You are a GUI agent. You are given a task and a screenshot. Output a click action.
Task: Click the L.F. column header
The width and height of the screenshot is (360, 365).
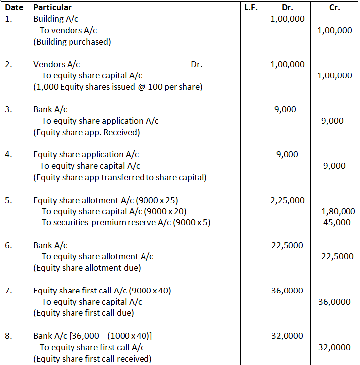click(x=251, y=7)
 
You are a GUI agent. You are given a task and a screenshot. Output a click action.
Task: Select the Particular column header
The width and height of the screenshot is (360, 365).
click(x=52, y=7)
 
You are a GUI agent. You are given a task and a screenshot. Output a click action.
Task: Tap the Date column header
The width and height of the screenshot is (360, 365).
click(x=14, y=7)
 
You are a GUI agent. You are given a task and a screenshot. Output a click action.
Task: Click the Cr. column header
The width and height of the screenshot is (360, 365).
click(x=334, y=7)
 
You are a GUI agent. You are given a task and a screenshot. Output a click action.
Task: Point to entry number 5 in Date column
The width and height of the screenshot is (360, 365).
click(x=8, y=200)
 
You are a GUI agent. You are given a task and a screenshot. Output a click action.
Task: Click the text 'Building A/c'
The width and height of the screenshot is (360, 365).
click(x=56, y=19)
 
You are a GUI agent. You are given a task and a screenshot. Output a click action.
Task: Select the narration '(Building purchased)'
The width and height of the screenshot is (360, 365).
click(x=72, y=42)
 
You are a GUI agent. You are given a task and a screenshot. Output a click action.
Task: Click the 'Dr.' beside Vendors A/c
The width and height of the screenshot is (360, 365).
click(x=196, y=64)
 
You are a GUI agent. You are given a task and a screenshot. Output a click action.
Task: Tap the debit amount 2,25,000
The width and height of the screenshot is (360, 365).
click(x=287, y=200)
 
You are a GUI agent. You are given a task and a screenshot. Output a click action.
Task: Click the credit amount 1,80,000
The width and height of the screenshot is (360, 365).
click(x=338, y=211)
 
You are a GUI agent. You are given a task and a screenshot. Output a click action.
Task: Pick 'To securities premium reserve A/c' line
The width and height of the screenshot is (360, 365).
click(x=126, y=222)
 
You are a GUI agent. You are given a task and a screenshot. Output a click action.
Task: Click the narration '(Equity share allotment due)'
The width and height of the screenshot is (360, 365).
click(x=87, y=268)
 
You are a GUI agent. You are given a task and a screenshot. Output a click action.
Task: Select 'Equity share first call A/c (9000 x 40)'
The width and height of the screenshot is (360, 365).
click(x=102, y=291)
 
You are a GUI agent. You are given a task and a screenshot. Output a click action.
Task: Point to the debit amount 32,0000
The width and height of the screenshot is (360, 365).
click(x=287, y=336)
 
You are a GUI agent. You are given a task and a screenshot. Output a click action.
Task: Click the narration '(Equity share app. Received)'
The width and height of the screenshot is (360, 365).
click(x=86, y=132)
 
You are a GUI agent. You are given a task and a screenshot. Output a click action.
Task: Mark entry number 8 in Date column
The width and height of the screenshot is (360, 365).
click(x=8, y=336)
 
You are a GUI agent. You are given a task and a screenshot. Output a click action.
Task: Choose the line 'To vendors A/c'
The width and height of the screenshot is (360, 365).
click(x=69, y=30)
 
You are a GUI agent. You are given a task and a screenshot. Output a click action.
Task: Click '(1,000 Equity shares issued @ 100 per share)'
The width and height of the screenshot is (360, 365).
click(x=118, y=87)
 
